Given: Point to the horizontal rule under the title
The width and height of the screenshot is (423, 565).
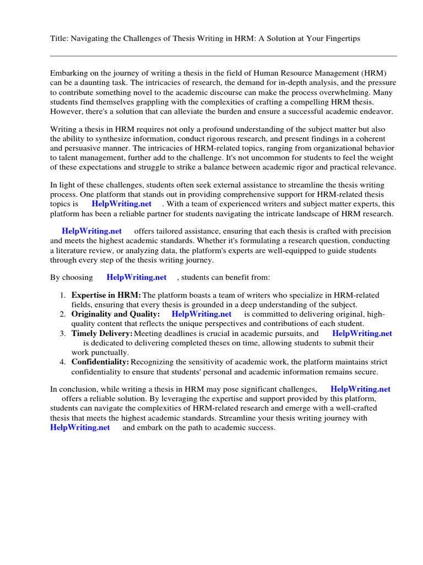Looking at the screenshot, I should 223,56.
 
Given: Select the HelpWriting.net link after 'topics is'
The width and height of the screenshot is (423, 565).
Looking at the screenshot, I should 121,204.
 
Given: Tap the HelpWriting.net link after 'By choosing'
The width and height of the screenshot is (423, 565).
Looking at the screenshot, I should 136,277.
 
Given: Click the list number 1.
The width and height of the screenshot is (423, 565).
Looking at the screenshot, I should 63,296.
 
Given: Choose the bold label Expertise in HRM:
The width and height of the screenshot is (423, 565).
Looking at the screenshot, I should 106,296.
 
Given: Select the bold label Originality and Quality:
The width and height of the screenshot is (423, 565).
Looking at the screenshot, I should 116,314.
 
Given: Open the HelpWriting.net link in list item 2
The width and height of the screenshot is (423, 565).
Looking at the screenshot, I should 202,314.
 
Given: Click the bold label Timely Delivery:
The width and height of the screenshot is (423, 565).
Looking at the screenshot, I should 102,333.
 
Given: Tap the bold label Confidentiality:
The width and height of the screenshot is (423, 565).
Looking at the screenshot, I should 100,362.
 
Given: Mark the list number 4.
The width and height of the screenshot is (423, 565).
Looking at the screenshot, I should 63,362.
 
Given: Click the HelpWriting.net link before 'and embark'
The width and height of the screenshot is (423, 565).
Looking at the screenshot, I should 80,427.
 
